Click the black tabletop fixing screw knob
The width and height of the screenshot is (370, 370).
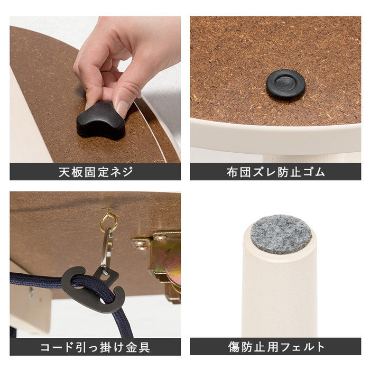pyautogui.click(x=100, y=121)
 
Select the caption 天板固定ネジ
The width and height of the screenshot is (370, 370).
pyautogui.click(x=95, y=172)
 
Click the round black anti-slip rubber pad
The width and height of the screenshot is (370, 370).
pyautogui.click(x=285, y=85)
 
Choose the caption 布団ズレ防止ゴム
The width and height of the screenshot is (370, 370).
pyautogui.click(x=275, y=172)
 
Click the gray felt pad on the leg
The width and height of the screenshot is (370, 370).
pyautogui.click(x=281, y=234)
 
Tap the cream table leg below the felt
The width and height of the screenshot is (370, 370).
pyautogui.click(x=280, y=296)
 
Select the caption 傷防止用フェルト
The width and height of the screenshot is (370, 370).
pyautogui.click(x=275, y=347)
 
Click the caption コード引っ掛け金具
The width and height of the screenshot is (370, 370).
pyautogui.click(x=95, y=347)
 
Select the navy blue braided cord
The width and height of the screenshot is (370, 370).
pyautogui.click(x=37, y=283)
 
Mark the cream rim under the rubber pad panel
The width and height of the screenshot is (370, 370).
pyautogui.click(x=275, y=140)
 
